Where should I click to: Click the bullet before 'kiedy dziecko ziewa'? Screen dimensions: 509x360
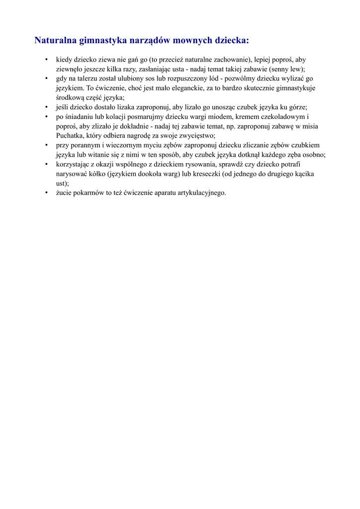click(46, 60)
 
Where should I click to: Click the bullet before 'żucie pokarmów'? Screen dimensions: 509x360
click(46, 192)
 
